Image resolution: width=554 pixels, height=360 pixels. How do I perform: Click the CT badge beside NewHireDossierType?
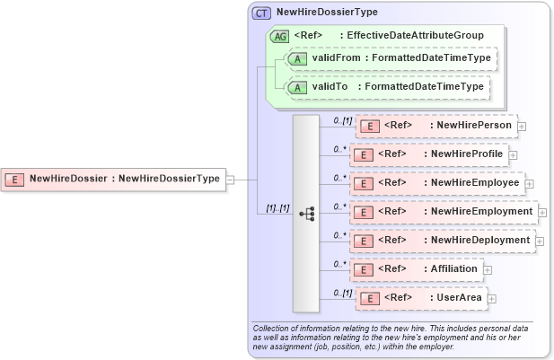click(x=262, y=13)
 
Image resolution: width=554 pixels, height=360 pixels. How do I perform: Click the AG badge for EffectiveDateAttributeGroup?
click(x=279, y=36)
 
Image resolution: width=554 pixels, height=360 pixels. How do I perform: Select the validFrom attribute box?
click(x=390, y=58)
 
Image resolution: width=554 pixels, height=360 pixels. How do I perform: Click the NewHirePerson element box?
click(x=436, y=126)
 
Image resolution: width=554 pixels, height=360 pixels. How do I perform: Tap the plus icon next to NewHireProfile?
click(x=513, y=155)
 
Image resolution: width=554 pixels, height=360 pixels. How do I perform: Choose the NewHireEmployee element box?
click(x=436, y=183)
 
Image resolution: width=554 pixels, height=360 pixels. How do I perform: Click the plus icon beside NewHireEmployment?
click(x=542, y=213)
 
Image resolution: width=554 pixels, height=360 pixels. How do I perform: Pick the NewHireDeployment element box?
click(x=442, y=241)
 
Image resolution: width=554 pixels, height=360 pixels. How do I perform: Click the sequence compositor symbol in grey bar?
click(x=306, y=213)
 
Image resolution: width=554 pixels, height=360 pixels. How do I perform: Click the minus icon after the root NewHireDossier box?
click(x=231, y=179)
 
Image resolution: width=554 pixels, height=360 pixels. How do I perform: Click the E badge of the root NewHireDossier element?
click(x=15, y=179)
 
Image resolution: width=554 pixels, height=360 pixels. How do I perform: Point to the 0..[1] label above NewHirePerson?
click(x=341, y=119)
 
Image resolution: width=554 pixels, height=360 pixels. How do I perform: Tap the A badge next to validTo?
click(x=295, y=89)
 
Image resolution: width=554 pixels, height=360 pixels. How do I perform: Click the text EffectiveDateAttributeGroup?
click(x=415, y=36)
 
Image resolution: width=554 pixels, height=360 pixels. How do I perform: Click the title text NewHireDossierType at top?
click(x=327, y=13)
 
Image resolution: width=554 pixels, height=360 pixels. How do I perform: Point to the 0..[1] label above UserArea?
click(x=341, y=293)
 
